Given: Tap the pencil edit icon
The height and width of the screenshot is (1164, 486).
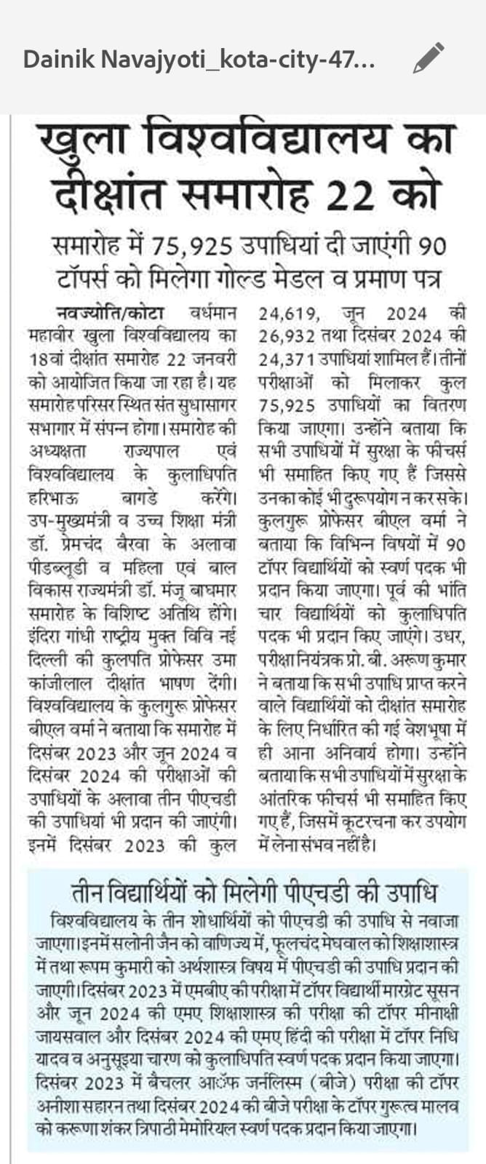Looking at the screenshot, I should click(428, 59).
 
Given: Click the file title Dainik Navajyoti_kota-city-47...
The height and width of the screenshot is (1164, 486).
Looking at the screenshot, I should click(199, 60).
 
